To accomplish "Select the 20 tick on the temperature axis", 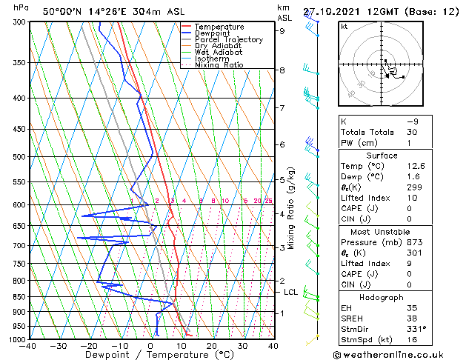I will coord(211,346).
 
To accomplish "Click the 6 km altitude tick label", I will coord(282,144).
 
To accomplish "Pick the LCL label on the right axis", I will coord(291,292).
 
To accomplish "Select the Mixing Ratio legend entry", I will coord(219,65).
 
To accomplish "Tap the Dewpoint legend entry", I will coord(215,33).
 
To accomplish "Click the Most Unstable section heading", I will coord(381,231).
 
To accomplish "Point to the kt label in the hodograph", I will coord(344,27).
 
